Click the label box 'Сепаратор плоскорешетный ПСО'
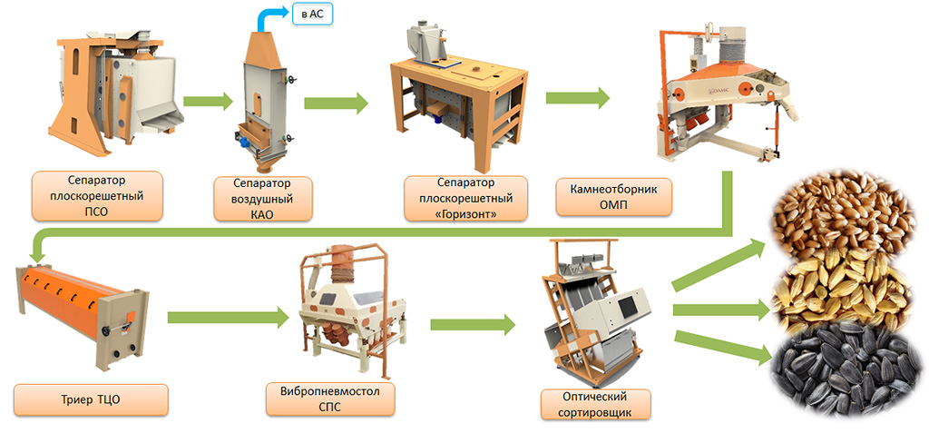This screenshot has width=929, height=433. pos(96,196)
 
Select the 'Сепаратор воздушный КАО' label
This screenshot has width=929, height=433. pos(262,198)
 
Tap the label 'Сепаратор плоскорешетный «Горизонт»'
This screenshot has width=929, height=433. pos(466,198)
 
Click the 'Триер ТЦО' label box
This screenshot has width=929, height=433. pos(91,399)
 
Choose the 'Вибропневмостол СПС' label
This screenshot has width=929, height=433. pos(330,399)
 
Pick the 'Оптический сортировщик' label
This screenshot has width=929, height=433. pos(595,404)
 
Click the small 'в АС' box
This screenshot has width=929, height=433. pos(312,14)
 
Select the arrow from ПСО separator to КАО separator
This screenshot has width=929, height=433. pos(208,102)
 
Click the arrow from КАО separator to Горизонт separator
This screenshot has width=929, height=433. pos(336,103)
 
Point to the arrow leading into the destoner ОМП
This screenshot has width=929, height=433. pos(578,98)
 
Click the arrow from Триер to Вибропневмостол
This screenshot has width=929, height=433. pos(228,318)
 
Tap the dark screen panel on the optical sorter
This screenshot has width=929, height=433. pos(626,305)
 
